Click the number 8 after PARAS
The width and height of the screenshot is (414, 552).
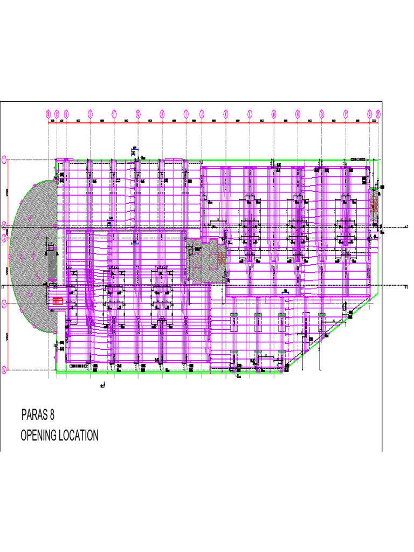click(52, 416)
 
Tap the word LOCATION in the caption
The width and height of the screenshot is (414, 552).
click(78, 436)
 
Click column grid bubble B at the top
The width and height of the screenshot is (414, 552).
click(57, 114)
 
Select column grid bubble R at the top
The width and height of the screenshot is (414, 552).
click(378, 114)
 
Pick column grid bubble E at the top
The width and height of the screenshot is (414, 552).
click(114, 114)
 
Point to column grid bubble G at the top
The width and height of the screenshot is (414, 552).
click(162, 114)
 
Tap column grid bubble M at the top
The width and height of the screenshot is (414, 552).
click(274, 114)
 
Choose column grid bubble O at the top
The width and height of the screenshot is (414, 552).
click(322, 114)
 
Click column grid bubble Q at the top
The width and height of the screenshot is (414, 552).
click(370, 114)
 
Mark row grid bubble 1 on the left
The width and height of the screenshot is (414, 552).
click(4, 160)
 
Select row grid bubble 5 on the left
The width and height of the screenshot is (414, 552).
click(4, 370)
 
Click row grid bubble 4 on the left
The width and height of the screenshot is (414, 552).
click(4, 304)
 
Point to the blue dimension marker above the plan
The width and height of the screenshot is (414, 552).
click(134, 153)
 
